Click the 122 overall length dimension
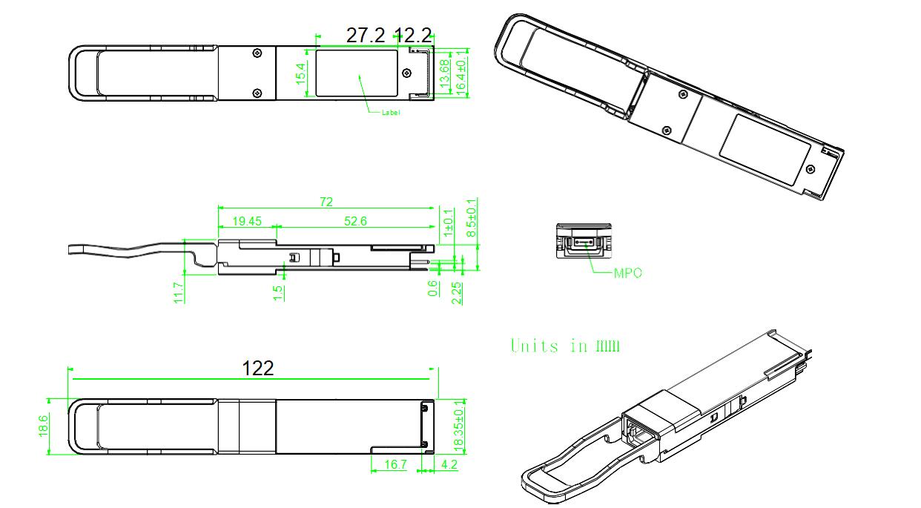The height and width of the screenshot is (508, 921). tap(258, 368)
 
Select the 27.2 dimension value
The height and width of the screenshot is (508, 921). tap(366, 35)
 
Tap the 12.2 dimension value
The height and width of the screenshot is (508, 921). tap(413, 35)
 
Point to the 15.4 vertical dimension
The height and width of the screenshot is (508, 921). tap(302, 73)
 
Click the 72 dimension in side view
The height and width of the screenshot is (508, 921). tap(326, 202)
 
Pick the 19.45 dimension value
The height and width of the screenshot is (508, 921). tap(247, 220)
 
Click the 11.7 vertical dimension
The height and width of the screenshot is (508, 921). tap(178, 291)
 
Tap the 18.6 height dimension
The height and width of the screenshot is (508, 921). tap(43, 425)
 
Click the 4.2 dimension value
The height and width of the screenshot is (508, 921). tap(449, 465)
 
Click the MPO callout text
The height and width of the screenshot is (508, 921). tap(627, 273)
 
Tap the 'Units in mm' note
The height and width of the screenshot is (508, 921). tap(565, 346)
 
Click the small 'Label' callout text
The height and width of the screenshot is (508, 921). tap(391, 113)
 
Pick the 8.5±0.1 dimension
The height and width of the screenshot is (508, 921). tap(472, 218)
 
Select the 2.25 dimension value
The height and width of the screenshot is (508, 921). tap(457, 291)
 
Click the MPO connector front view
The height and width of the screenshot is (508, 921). tap(583, 241)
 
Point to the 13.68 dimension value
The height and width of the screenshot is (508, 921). tap(444, 75)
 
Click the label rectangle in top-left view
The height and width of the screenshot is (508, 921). tap(357, 73)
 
